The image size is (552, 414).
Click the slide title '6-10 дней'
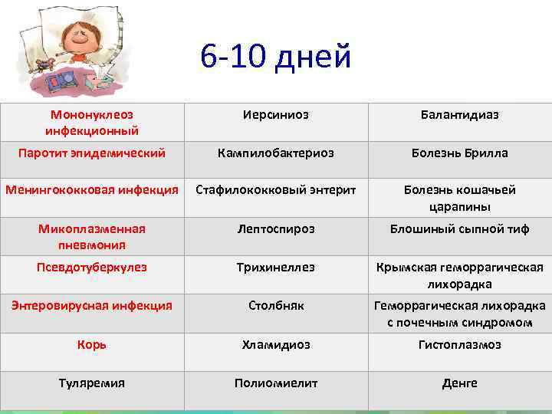[275, 57]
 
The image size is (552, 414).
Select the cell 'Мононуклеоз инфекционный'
[92, 122]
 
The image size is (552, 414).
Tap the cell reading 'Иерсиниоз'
[275, 114]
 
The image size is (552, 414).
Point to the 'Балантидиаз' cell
[459, 114]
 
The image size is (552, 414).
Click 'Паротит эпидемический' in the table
[92, 153]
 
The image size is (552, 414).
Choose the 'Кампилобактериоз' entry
[275, 153]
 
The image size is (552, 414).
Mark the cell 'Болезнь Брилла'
[459, 153]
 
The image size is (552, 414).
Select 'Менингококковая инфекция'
[92, 189]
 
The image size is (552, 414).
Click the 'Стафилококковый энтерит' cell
[275, 189]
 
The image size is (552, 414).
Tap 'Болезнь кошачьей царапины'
[459, 198]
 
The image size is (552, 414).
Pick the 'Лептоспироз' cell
[275, 228]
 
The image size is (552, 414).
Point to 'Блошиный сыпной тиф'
[459, 228]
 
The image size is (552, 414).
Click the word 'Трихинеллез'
[275, 268]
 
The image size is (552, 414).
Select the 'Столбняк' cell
[275, 306]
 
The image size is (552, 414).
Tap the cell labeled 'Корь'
[92, 345]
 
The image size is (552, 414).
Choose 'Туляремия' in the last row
[92, 383]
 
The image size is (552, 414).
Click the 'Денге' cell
[459, 383]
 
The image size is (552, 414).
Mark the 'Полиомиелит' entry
[275, 383]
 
